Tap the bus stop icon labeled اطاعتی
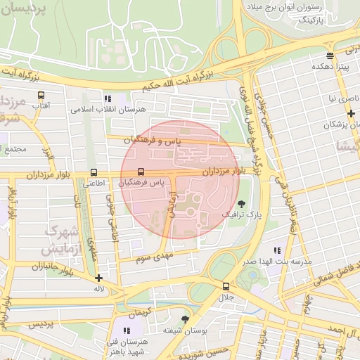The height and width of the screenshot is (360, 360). pos(94,172)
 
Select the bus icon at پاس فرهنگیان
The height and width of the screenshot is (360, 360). pos(141,172)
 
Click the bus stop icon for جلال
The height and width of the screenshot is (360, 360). pos(226,286)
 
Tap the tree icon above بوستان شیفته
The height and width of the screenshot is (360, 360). pos(185,319)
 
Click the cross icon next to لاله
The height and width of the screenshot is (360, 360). pos(99,278)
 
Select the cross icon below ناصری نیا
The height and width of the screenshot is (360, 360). pos(351,112)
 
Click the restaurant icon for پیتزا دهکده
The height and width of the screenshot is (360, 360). pos(330,56)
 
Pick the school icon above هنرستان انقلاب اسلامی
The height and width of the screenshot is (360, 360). pos(108,99)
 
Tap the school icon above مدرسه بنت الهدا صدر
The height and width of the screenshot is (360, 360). pos(277,250)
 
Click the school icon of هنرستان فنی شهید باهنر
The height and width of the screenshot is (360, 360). pos(127,330)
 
